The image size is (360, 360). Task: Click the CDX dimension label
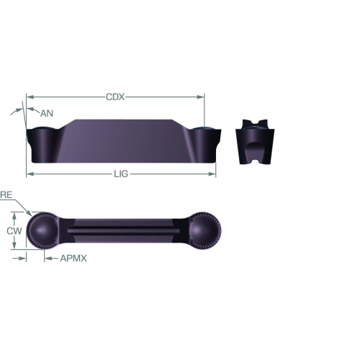click(x=115, y=97)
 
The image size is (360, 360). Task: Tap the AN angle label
click(x=47, y=113)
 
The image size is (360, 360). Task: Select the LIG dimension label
click(x=121, y=174)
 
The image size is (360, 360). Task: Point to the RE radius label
click(x=6, y=195)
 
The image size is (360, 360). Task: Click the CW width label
click(x=14, y=230)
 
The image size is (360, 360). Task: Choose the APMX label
click(x=73, y=258)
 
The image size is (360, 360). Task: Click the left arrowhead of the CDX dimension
click(x=30, y=97)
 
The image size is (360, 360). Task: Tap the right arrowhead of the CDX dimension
click(x=201, y=97)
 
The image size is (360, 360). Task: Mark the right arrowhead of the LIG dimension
click(x=212, y=174)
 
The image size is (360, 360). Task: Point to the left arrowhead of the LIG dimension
click(x=30, y=174)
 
